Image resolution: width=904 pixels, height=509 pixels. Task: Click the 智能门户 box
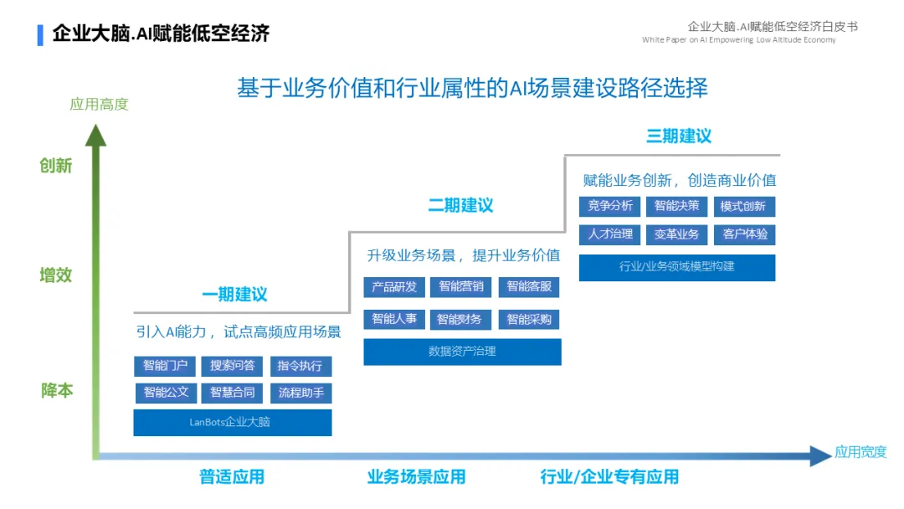pos(165,366)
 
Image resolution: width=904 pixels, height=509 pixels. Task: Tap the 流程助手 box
pos(300,392)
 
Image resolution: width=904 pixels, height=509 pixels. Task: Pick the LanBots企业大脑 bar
pos(233,422)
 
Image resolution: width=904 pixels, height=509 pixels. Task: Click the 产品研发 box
pos(394,287)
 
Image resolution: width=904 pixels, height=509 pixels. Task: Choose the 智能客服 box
pos(529,287)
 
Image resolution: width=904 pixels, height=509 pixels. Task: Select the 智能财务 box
pos(460,319)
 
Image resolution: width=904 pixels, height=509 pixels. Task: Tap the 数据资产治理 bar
pos(462,352)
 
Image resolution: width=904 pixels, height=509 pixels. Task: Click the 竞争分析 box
pos(609,206)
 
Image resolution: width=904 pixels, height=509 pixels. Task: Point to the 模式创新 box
pos(743,206)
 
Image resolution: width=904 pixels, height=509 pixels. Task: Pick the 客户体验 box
pos(744,234)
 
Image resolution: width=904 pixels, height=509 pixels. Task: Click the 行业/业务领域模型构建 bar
pos(677,267)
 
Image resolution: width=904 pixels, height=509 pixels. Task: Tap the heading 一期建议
pos(234,295)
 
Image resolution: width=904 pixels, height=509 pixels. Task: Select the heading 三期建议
pos(679,136)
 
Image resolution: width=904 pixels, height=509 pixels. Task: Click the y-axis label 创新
pos(56,166)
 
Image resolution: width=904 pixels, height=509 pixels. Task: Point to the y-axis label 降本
pos(57,390)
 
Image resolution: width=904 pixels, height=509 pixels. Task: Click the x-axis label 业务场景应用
pos(416,477)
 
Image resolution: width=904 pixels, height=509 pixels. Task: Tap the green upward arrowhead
pos(96,134)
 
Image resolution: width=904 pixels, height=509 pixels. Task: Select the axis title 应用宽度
pos(860,453)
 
